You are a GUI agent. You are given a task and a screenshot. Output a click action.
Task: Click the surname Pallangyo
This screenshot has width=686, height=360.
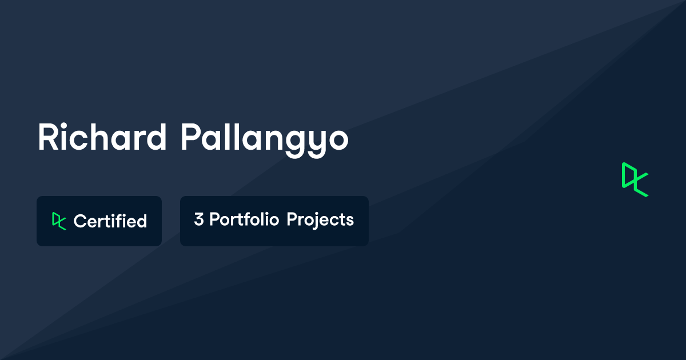click(x=265, y=141)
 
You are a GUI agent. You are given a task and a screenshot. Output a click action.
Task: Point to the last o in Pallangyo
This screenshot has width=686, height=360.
click(x=338, y=141)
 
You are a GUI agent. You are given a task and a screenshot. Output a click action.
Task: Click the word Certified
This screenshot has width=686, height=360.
click(x=110, y=221)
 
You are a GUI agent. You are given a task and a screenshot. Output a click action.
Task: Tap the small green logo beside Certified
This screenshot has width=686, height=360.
click(x=59, y=221)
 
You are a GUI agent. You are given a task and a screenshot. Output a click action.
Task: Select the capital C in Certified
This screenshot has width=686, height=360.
click(x=80, y=221)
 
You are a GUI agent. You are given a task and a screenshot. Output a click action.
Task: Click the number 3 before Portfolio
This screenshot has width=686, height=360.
click(x=199, y=219)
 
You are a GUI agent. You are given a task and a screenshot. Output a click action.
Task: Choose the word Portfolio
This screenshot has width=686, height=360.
click(x=244, y=219)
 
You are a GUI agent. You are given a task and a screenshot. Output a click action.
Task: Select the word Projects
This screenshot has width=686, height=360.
click(x=320, y=221)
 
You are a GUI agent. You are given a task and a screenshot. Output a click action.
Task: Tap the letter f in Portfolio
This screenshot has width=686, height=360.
click(x=252, y=219)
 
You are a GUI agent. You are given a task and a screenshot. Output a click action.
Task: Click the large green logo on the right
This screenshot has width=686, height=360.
click(x=635, y=179)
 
